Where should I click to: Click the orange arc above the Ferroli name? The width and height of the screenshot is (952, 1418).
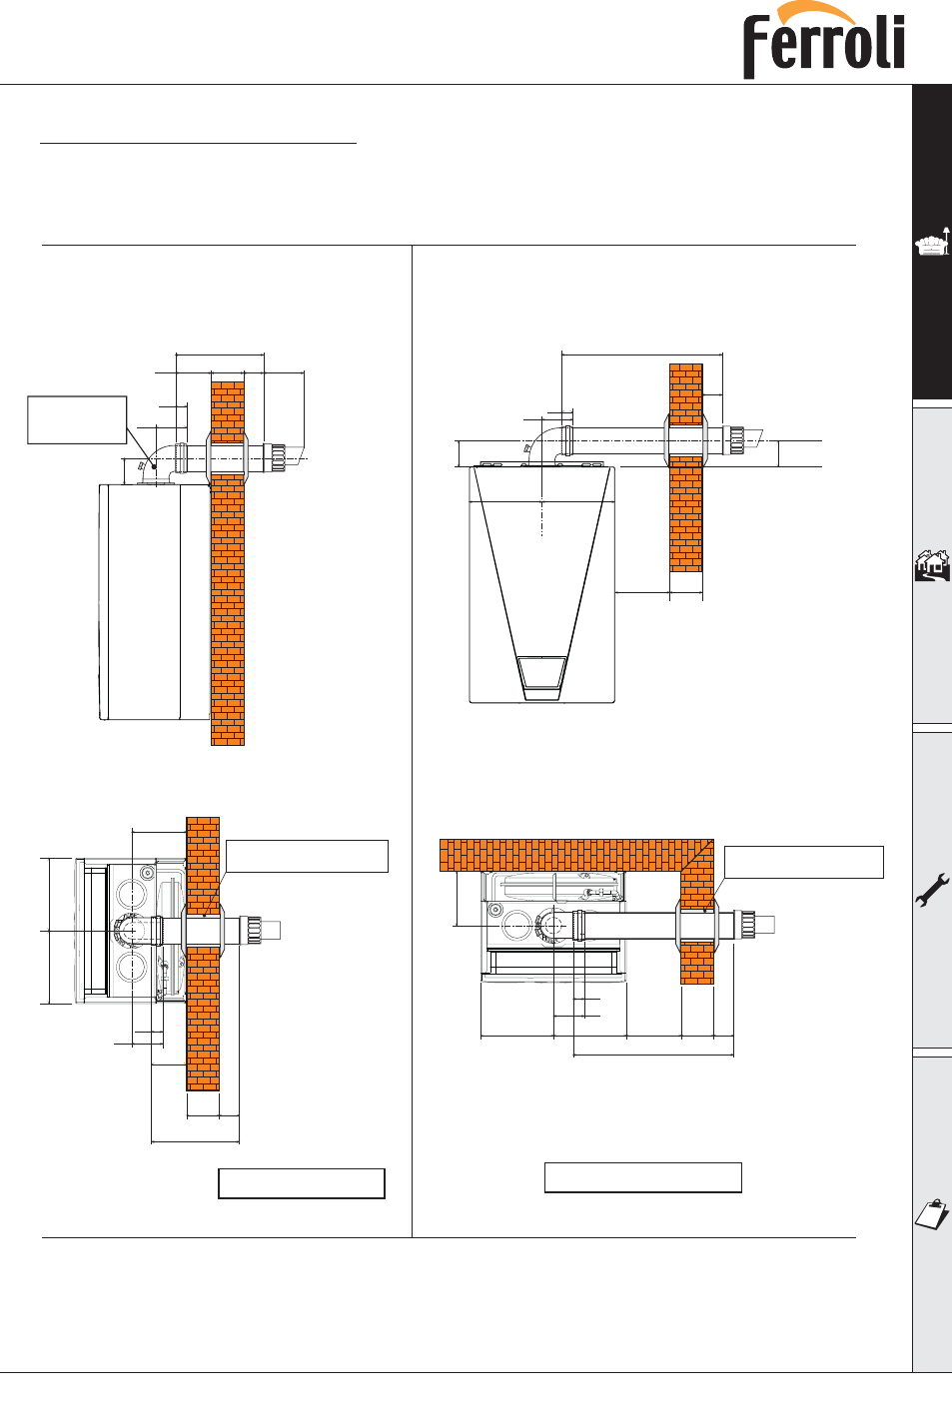pos(818,11)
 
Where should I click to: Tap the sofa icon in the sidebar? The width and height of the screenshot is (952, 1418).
pos(932,243)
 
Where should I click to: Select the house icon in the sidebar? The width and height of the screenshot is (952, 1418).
pos(932,564)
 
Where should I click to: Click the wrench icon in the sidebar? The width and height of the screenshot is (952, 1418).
pos(932,889)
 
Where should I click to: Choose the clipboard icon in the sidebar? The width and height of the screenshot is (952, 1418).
pos(932,1213)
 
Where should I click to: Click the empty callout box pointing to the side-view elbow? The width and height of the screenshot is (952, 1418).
pos(77,419)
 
